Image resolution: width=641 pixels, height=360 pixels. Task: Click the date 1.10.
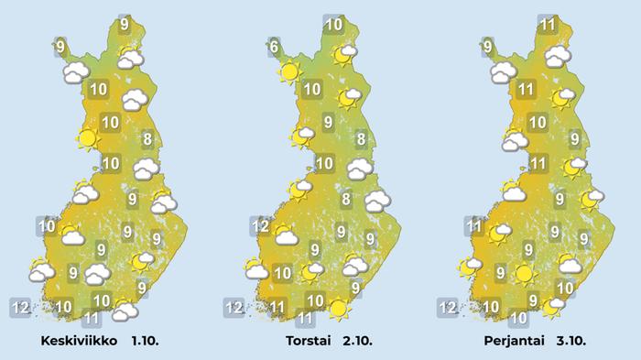tap(147, 341)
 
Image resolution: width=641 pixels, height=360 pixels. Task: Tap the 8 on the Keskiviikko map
tap(147, 139)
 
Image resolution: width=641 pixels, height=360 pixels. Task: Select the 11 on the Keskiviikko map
tap(91, 319)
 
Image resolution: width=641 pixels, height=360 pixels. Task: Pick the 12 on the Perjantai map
tap(447, 306)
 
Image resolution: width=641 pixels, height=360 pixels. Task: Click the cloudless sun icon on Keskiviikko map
tap(87, 139)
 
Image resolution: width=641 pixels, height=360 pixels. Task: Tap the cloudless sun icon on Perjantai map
tap(523, 273)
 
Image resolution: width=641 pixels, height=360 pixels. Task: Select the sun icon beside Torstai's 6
tap(290, 72)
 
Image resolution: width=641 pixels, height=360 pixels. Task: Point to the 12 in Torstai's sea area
tap(235, 306)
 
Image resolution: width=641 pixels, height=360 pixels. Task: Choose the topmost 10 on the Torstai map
tap(334, 25)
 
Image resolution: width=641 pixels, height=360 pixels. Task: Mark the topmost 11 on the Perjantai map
tap(548, 25)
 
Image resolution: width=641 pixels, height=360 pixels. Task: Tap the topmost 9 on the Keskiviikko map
tap(125, 25)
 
